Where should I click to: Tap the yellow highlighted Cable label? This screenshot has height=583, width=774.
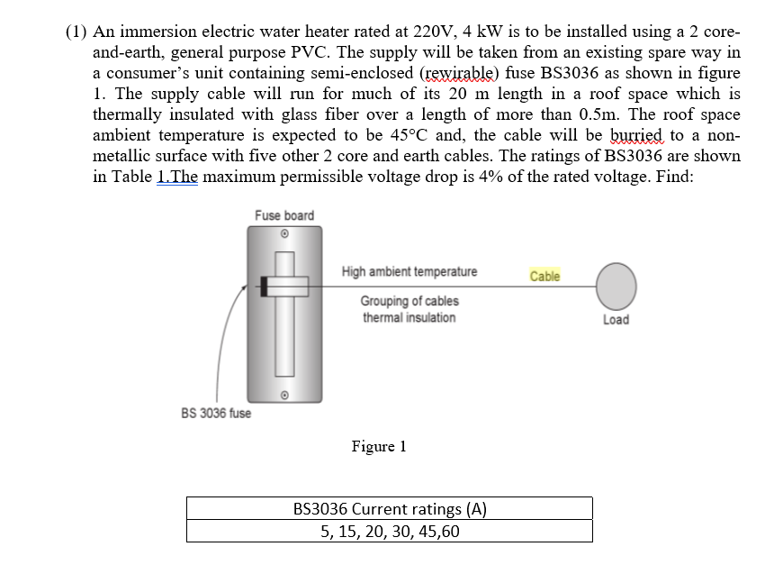coord(544,276)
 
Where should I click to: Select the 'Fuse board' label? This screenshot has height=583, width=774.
coord(283,215)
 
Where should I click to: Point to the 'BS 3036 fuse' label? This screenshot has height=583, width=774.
coord(216,413)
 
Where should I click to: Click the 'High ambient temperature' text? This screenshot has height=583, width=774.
coord(409,271)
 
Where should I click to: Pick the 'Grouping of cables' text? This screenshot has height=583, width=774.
coord(409,301)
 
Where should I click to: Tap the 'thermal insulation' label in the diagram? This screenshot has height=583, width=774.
coord(409,317)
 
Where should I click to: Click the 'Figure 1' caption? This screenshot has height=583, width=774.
coord(379,446)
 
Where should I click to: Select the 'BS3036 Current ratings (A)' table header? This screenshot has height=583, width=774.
coord(390,508)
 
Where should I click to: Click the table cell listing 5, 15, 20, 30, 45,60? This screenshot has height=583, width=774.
coord(390,531)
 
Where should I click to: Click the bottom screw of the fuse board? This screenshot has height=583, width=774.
coord(284,394)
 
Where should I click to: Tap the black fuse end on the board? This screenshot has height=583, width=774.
coord(264,287)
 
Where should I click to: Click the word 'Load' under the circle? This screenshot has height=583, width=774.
coord(616,320)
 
